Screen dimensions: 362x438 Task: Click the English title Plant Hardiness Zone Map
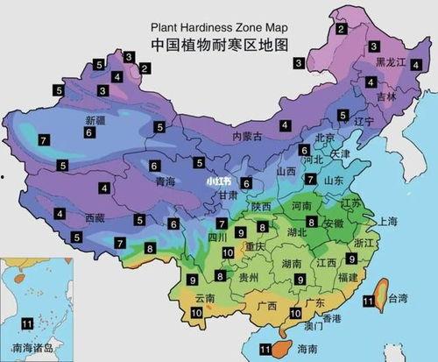pyautogui.click(x=219, y=26)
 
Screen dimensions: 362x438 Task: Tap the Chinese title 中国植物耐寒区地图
pyautogui.click(x=219, y=44)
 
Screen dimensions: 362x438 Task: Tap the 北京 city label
pyautogui.click(x=325, y=138)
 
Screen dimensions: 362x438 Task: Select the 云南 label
pyautogui.click(x=205, y=298)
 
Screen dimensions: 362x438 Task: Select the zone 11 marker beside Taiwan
pyautogui.click(x=368, y=302)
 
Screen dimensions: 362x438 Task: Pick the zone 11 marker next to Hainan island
pyautogui.click(x=265, y=349)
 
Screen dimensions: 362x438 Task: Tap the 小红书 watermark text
pyautogui.click(x=219, y=181)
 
